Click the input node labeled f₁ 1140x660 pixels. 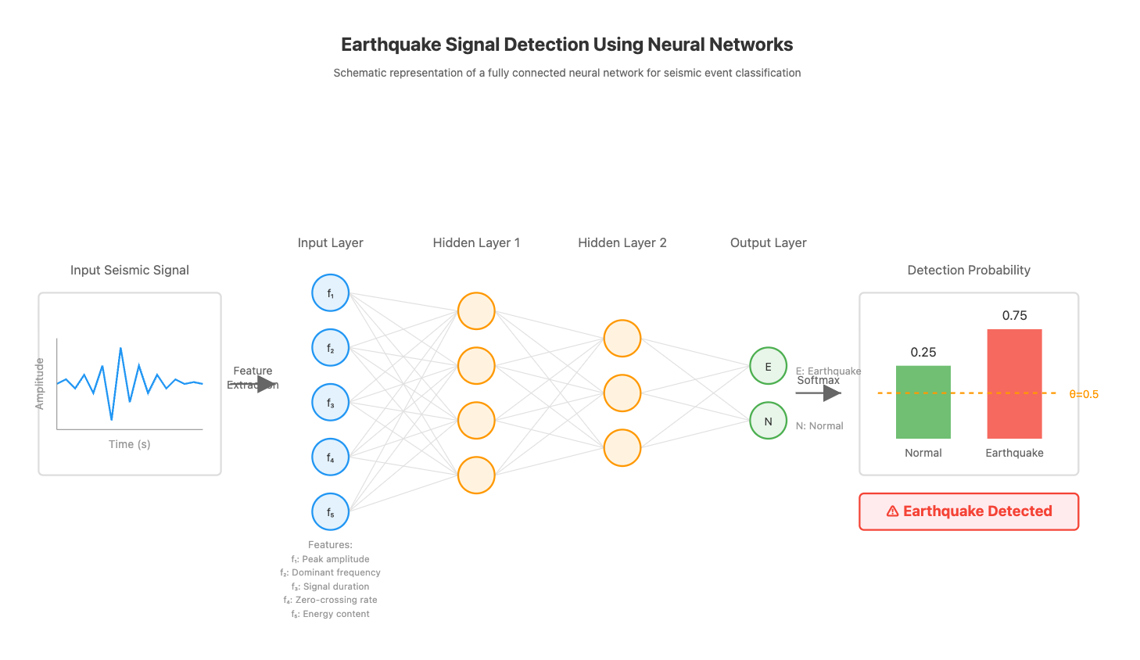(331, 293)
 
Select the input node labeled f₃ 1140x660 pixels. (331, 403)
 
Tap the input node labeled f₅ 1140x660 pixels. (331, 512)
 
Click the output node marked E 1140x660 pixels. (768, 366)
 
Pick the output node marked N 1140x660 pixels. (768, 421)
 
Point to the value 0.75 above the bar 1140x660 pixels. (1014, 316)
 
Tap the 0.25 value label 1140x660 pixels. (923, 353)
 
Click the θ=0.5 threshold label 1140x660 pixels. (1084, 394)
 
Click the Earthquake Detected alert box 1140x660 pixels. (969, 511)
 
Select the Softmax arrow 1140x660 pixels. (818, 393)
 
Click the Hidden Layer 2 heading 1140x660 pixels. (622, 243)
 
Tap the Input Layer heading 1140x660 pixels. (330, 243)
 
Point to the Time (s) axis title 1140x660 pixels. (130, 444)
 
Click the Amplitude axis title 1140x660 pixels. (40, 384)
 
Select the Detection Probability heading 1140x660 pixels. (969, 271)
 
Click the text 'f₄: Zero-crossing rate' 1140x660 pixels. (331, 600)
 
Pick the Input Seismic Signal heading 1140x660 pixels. (130, 271)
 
